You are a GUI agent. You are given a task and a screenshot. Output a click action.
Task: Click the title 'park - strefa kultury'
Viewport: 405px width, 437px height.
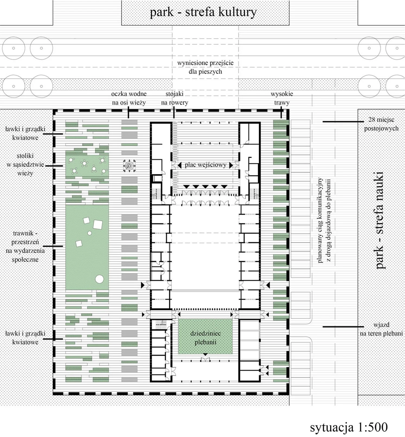203,12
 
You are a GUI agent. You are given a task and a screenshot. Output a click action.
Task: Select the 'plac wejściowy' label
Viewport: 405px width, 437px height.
205,165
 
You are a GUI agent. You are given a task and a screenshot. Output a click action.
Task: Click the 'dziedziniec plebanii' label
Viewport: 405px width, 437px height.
205,338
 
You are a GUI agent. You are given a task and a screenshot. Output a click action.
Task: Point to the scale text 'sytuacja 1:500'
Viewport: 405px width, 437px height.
349,427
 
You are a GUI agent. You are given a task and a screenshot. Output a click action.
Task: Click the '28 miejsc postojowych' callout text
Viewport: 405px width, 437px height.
381,124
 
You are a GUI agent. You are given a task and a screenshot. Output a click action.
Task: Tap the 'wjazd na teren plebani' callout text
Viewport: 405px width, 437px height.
381,329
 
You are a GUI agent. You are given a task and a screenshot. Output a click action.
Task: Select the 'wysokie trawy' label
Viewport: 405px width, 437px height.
282,98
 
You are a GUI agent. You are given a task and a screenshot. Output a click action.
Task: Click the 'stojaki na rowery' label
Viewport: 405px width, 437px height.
174,98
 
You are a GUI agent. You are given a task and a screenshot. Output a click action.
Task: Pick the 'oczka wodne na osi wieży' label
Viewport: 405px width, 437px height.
129,98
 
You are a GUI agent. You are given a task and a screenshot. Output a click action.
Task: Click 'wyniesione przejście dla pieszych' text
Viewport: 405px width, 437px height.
205,67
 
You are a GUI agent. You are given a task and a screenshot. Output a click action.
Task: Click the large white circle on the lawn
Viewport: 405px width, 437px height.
99,279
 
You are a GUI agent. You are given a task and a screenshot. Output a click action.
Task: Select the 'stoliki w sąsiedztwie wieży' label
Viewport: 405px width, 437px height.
25,164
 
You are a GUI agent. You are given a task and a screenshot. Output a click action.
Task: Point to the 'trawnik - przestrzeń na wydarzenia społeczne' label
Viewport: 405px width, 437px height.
25,246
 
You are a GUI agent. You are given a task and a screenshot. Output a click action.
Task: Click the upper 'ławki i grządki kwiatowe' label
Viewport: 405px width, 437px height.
25,133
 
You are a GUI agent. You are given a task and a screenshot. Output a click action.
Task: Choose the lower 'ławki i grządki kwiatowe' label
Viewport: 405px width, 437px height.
25,338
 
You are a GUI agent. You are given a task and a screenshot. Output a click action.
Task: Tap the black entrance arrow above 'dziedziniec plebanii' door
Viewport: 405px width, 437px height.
205,354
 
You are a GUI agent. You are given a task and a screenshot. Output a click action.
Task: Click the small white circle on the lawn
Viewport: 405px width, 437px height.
89,233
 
